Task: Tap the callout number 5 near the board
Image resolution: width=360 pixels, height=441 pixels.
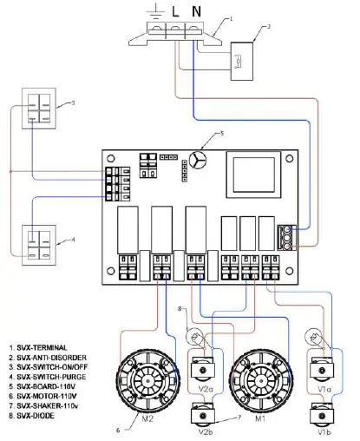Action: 221,134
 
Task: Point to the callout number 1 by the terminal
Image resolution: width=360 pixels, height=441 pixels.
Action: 230,18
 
